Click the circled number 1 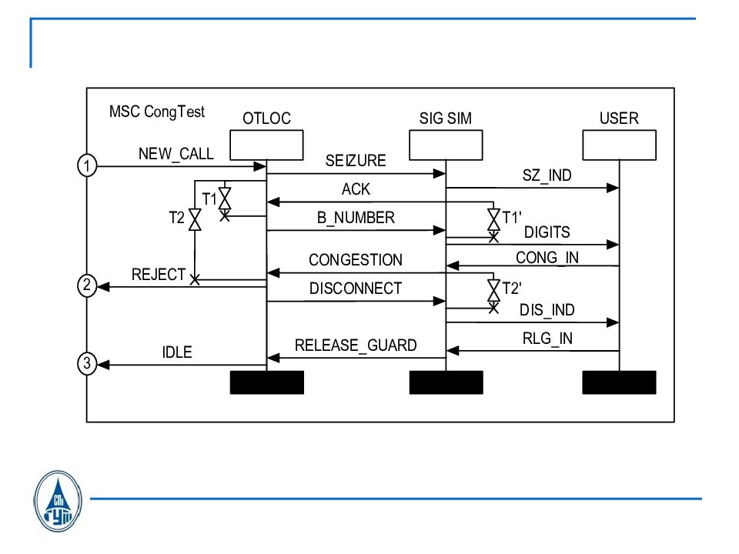click(88, 165)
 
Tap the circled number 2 click(88, 286)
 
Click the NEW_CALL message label click(176, 153)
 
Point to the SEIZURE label click(355, 161)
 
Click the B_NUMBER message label click(356, 218)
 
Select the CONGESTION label click(356, 260)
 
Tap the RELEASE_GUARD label click(356, 345)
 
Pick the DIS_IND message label click(547, 310)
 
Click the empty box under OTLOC click(266, 145)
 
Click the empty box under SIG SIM click(446, 145)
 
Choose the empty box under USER click(619, 145)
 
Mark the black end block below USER click(619, 382)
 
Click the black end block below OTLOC click(267, 382)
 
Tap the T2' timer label click(512, 289)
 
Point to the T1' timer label click(512, 218)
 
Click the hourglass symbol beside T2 click(195, 219)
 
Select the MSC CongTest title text click(157, 112)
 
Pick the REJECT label click(159, 274)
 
